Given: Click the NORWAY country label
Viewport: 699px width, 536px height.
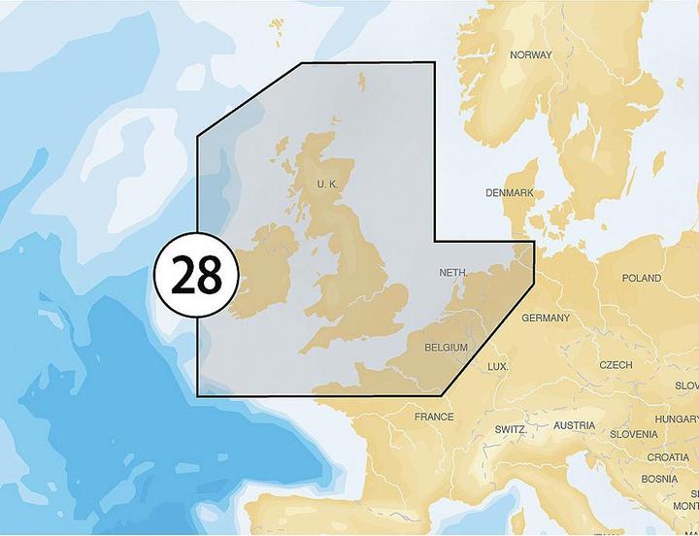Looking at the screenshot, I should [531, 55].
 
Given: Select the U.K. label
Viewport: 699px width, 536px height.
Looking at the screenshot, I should [326, 184].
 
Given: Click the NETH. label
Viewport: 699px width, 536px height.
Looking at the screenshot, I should [455, 273].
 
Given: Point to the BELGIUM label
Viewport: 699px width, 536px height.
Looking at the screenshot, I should [447, 347].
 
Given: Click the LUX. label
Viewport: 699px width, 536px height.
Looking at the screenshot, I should [498, 366].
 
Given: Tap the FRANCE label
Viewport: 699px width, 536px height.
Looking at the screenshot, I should [434, 417].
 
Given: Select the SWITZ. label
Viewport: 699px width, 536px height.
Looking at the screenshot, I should [511, 429].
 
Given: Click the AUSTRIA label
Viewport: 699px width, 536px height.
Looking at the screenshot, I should [575, 426].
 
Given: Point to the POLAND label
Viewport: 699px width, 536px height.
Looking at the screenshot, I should [642, 279].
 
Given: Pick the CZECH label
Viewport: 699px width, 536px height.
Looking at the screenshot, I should [616, 365].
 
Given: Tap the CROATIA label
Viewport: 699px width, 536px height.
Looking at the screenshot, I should [668, 457].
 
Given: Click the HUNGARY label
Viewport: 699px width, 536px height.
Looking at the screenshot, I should [677, 419].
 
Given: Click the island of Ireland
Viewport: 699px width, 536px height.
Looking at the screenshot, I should [263, 272].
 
